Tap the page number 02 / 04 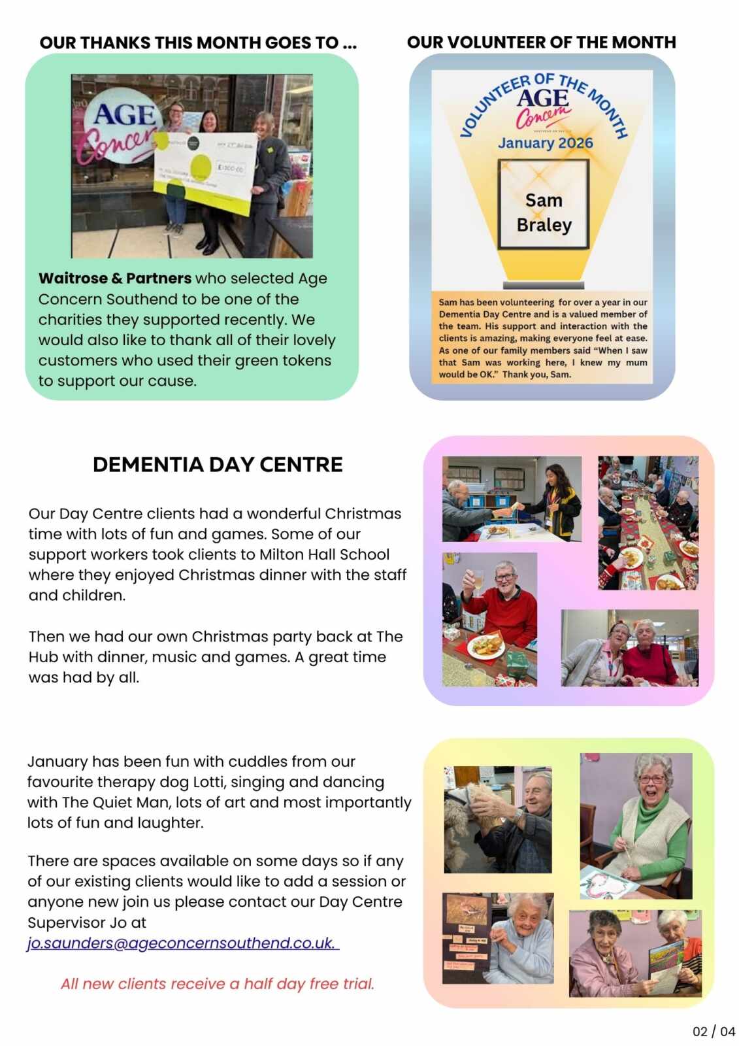click(x=714, y=1031)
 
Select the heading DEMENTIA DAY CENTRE click(x=218, y=464)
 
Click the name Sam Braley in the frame click(x=544, y=212)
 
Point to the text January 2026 click(x=545, y=143)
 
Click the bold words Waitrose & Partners click(x=115, y=278)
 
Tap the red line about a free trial click(x=218, y=983)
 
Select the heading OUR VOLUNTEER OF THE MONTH click(x=541, y=42)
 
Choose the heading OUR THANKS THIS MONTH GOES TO click(x=198, y=43)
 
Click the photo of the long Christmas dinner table click(x=648, y=522)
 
